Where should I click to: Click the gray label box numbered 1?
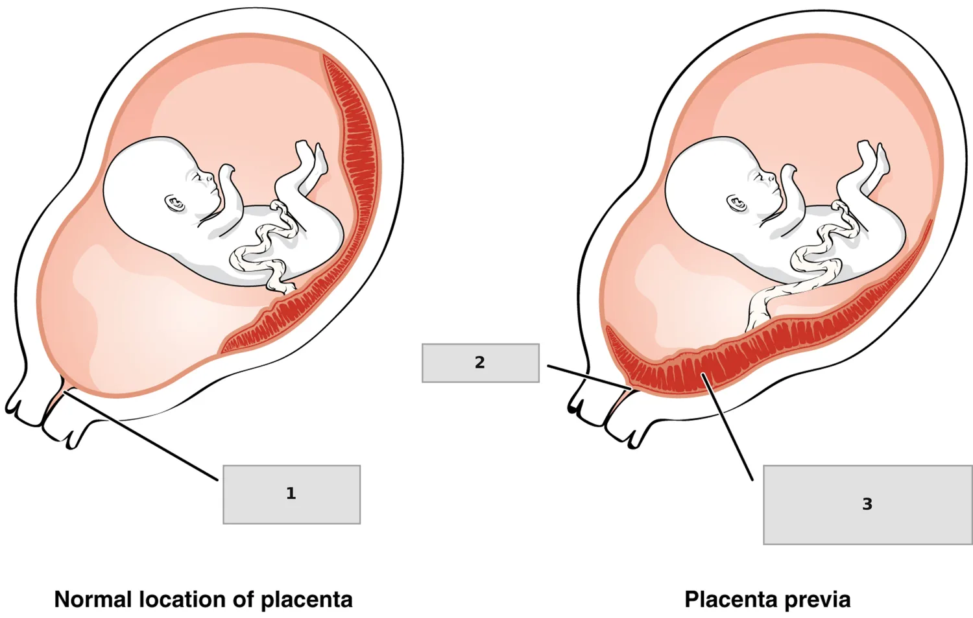pyautogui.click(x=291, y=494)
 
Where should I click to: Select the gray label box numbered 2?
pyautogui.click(x=481, y=363)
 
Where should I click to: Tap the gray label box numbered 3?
pyautogui.click(x=868, y=505)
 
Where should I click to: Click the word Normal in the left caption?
pyautogui.click(x=93, y=599)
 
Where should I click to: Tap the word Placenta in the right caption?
pyautogui.click(x=729, y=599)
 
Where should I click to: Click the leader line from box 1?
pyautogui.click(x=140, y=436)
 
